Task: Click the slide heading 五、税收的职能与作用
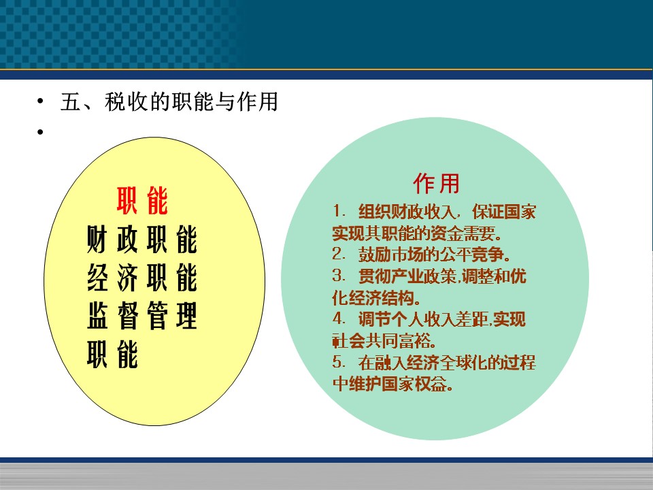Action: click(169, 101)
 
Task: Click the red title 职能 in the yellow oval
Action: click(142, 200)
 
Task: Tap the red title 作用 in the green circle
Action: click(437, 184)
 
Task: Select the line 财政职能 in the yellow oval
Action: click(142, 240)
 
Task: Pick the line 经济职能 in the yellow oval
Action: click(142, 278)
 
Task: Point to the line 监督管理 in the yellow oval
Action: click(142, 316)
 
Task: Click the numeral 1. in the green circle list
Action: click(339, 211)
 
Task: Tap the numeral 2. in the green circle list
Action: click(339, 254)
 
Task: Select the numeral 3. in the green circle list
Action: click(339, 276)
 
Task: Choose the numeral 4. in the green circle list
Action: click(339, 318)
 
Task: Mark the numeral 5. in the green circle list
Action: click(339, 361)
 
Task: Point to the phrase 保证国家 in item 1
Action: click(503, 212)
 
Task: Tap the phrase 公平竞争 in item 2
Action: click(471, 255)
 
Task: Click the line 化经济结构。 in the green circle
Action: click(376, 298)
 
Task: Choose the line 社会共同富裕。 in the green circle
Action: click(384, 341)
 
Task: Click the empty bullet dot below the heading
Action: click(40, 133)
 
